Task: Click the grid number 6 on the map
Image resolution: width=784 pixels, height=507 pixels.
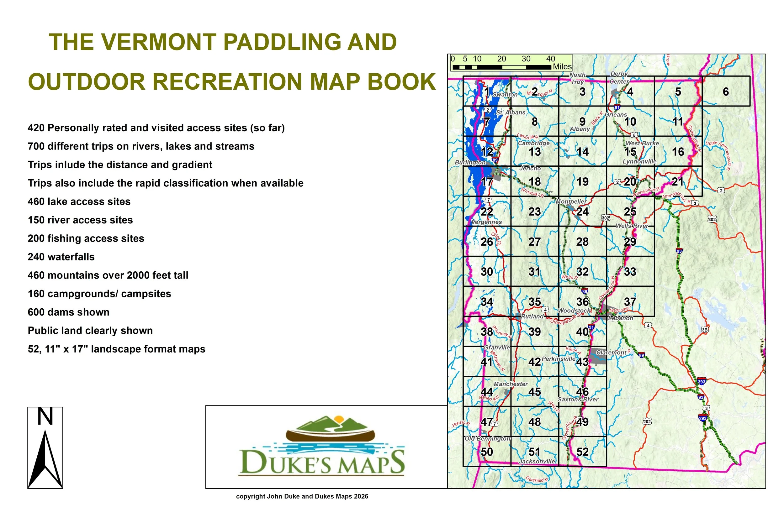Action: click(726, 92)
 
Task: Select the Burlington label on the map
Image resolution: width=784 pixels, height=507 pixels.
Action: click(470, 162)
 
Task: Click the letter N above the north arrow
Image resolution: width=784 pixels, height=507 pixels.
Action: click(45, 417)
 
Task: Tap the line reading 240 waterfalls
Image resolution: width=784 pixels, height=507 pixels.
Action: click(61, 257)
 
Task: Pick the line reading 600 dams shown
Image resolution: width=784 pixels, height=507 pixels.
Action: click(68, 312)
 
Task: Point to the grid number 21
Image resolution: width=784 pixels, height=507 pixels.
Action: click(678, 182)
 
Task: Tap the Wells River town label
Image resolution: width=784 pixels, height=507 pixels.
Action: click(632, 226)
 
